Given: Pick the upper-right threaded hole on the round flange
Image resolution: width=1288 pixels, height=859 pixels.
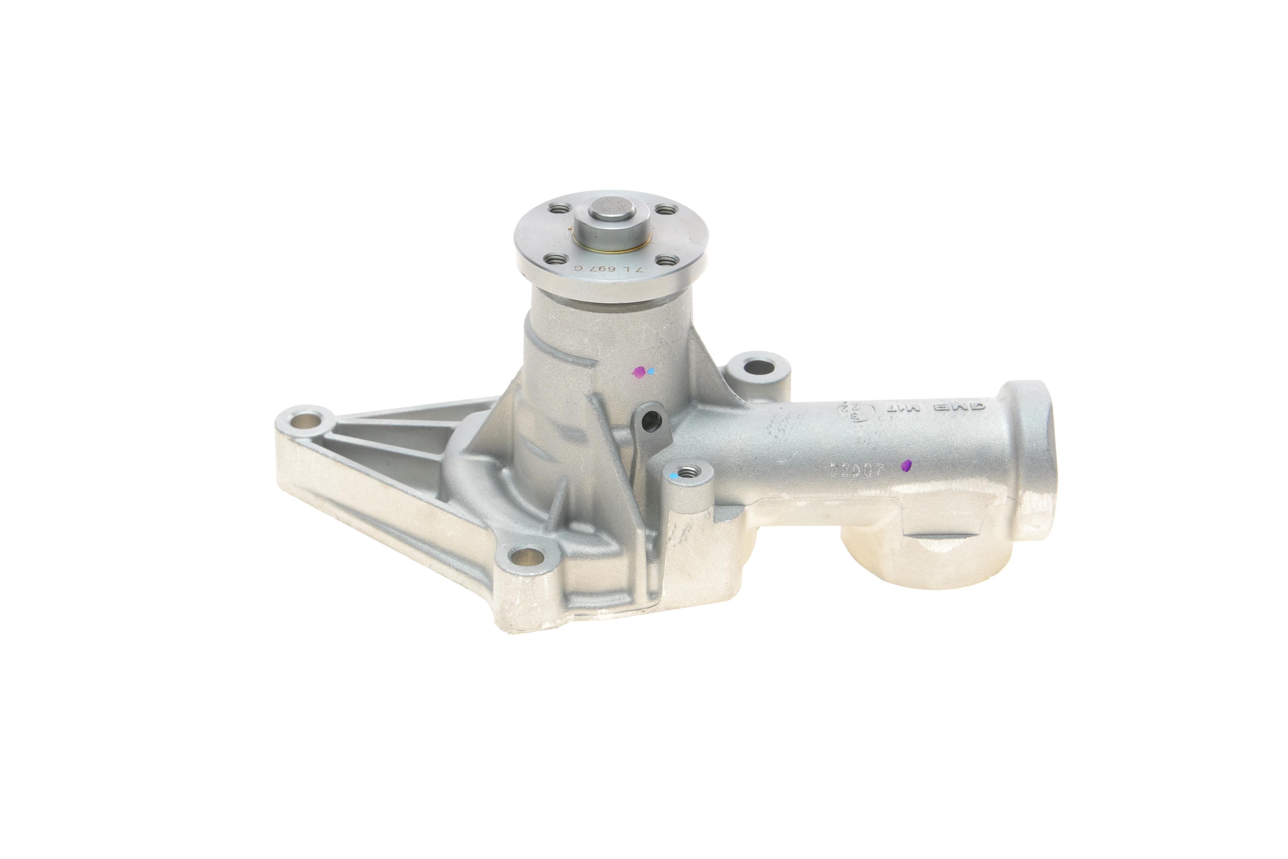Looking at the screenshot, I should pos(664,209).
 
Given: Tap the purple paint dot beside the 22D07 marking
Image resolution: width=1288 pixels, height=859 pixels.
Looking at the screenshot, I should pos(906,466).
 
